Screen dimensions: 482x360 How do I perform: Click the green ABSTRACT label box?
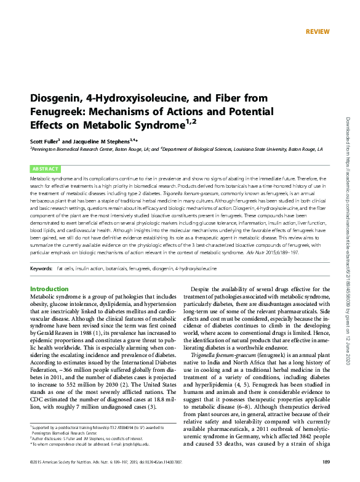[x=45, y=168]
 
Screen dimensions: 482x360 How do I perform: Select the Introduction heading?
[x=50, y=289]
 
